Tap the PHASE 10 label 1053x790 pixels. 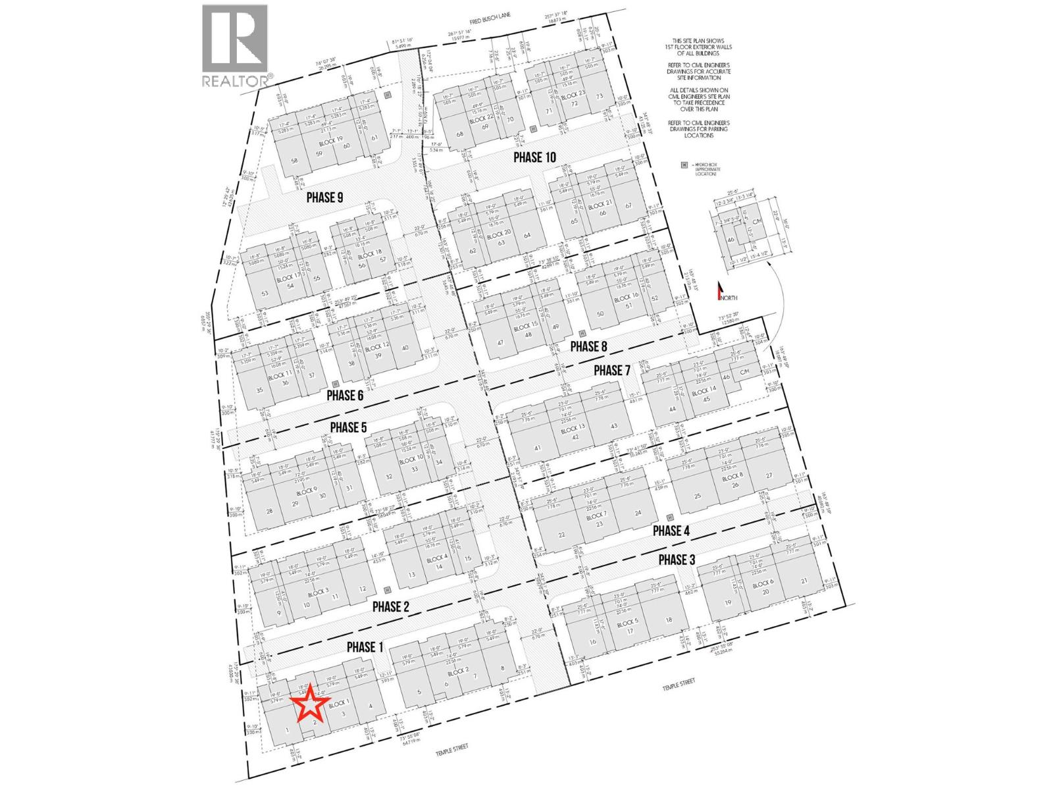(x=534, y=157)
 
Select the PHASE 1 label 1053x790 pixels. (x=365, y=647)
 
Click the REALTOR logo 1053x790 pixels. (x=236, y=46)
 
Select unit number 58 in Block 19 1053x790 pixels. (x=294, y=161)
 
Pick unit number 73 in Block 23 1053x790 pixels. (x=599, y=96)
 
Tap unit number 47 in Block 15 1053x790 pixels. (x=501, y=342)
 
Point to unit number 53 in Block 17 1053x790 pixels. (x=265, y=294)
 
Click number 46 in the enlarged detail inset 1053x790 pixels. (x=731, y=240)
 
